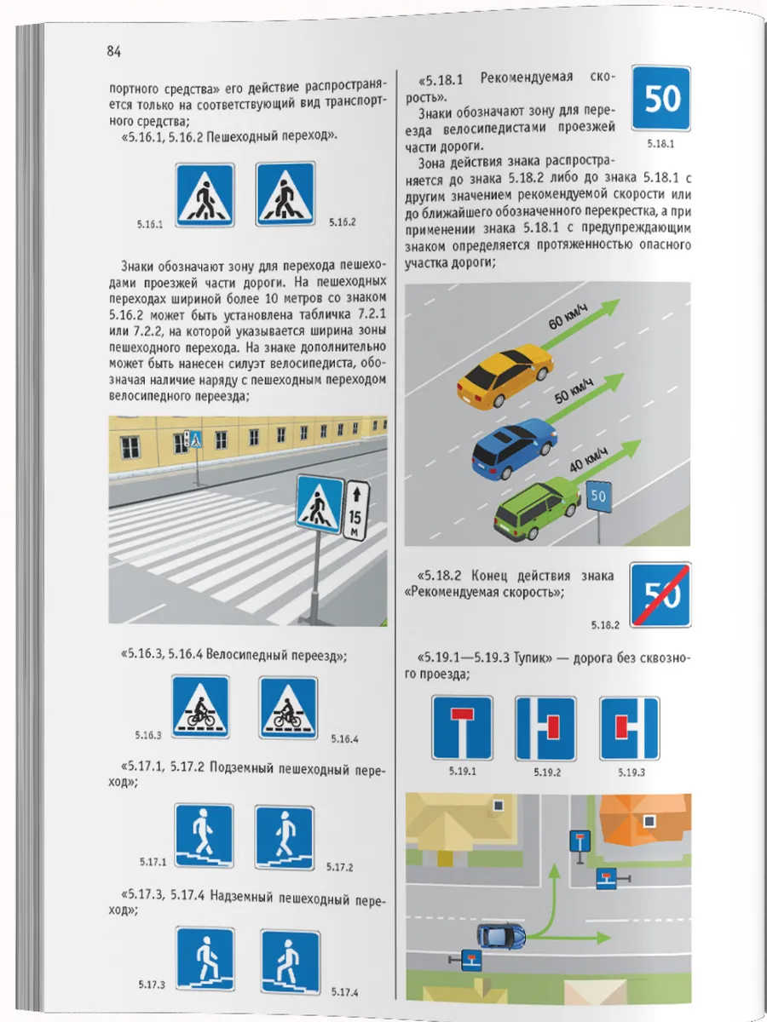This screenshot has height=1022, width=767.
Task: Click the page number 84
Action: click(x=114, y=52)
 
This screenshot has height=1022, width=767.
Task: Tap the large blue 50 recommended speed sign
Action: click(x=661, y=100)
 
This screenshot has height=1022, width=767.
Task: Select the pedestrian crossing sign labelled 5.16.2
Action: click(x=285, y=195)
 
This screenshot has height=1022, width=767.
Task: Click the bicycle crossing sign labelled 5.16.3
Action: click(x=200, y=707)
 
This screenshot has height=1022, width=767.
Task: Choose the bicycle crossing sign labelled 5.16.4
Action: click(x=288, y=707)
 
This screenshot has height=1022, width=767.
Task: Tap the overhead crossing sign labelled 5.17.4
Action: click(x=290, y=961)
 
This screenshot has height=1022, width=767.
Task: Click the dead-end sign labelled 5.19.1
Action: click(x=462, y=728)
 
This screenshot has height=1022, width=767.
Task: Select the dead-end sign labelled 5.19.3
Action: click(x=629, y=728)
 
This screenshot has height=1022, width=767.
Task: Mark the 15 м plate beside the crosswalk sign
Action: click(x=355, y=509)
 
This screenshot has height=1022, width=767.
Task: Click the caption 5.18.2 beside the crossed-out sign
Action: click(x=607, y=624)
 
